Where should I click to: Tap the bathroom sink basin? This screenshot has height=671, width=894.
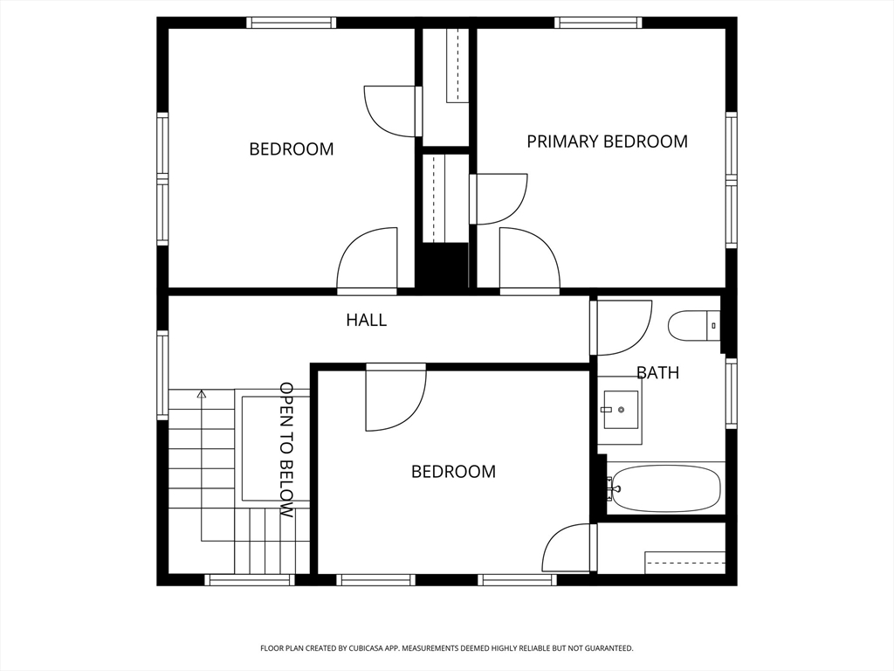point(620,409)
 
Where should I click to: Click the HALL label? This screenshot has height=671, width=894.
point(367,320)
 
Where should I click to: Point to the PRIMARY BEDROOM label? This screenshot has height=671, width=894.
point(608,141)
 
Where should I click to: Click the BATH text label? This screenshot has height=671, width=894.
point(657,372)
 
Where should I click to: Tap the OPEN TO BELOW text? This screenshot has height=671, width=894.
point(286,450)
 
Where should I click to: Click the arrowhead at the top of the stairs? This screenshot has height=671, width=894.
point(201,393)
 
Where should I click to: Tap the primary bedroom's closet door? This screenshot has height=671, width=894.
point(499,199)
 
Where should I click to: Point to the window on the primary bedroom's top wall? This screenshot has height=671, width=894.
point(598,23)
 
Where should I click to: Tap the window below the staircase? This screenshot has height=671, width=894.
point(249,580)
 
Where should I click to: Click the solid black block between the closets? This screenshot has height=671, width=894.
point(444,266)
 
